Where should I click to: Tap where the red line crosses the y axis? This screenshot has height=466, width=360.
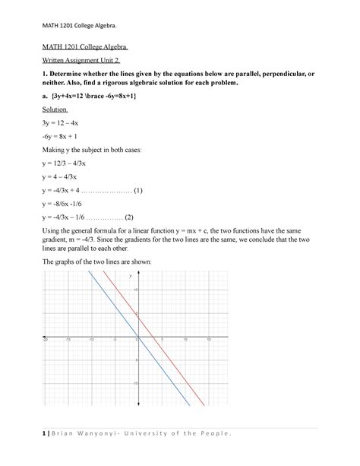[x=137, y=315]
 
